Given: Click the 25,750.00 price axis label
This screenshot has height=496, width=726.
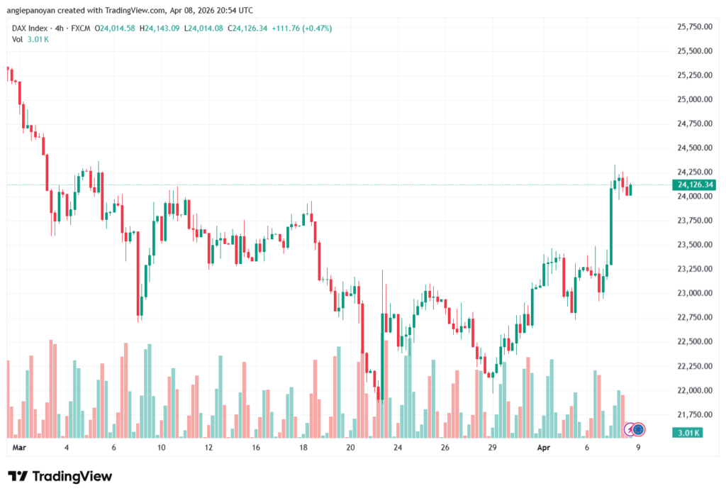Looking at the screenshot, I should [x=694, y=27].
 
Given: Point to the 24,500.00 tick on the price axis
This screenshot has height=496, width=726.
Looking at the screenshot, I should [x=694, y=148].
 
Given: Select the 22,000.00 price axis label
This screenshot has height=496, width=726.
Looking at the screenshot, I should [x=694, y=390].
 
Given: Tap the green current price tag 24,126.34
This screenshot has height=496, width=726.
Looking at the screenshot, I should [x=695, y=185].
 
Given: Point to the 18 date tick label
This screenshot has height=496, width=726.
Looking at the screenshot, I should [x=303, y=448].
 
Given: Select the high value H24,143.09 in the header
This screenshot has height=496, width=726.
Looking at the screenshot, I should [x=160, y=28].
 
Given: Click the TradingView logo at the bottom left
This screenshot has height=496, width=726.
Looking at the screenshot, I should [x=60, y=476].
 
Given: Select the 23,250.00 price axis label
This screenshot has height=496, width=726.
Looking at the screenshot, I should [x=694, y=269].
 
